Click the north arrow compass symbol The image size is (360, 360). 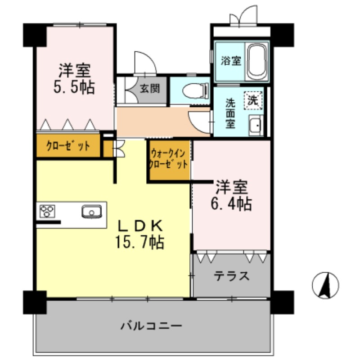(x=325, y=285)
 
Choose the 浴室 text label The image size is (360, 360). (x=231, y=61)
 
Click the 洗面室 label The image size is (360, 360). (x=230, y=113)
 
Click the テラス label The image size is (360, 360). (x=231, y=275)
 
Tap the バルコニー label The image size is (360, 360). (x=151, y=325)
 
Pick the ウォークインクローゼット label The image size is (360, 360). (x=169, y=158)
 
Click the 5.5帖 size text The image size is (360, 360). (x=74, y=87)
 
